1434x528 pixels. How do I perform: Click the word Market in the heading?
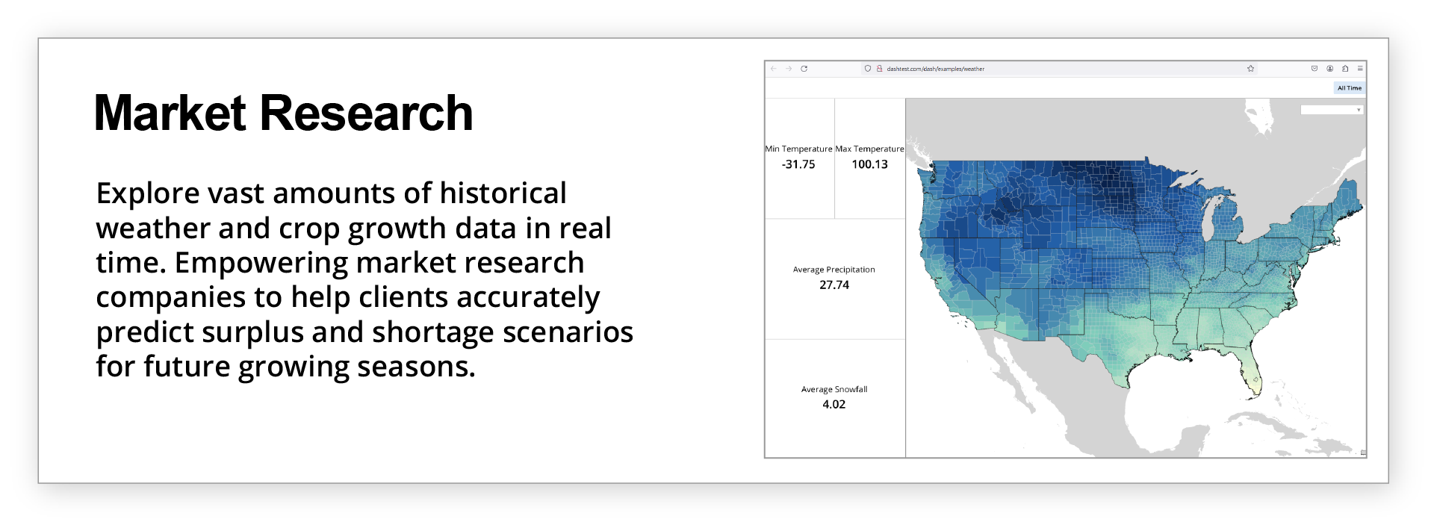[170, 114]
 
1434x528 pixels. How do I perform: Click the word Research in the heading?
[367, 114]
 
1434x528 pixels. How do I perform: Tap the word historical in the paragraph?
[503, 193]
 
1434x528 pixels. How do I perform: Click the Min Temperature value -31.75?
[798, 164]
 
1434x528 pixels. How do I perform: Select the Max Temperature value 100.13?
[870, 164]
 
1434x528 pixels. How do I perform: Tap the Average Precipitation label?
[834, 270]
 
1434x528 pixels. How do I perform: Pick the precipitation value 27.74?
[834, 285]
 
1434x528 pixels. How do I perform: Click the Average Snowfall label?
[834, 389]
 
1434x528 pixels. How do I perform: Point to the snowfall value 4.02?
[834, 404]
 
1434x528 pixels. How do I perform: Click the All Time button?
[1350, 88]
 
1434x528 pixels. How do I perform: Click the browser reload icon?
[804, 69]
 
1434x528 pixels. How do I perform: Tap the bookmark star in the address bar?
[1250, 69]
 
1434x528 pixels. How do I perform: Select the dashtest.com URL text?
[936, 69]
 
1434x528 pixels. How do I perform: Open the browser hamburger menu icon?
[1360, 69]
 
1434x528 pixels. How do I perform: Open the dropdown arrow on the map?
[1359, 110]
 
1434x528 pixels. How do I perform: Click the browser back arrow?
[774, 69]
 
